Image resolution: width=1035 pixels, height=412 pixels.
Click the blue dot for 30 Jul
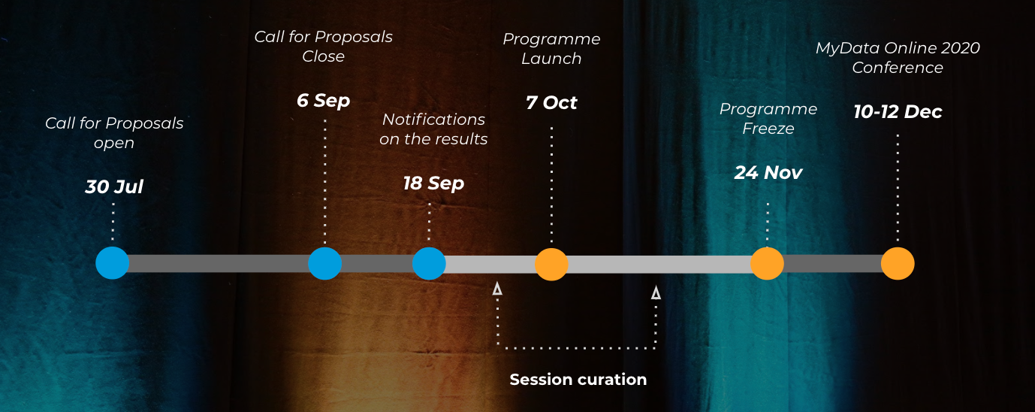[x=113, y=263]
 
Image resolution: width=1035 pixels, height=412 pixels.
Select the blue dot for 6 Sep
[x=325, y=263]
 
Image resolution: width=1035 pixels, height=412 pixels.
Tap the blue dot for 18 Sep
[x=429, y=263]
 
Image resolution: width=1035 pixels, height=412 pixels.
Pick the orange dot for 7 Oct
[x=551, y=264]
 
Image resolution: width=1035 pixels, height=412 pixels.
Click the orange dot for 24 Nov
[x=767, y=263]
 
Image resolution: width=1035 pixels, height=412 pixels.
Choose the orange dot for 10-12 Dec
[x=898, y=263]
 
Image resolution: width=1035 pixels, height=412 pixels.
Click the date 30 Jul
[x=114, y=187]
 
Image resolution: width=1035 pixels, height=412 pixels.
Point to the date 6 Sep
[x=324, y=101]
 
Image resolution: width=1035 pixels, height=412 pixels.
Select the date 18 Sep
[x=433, y=183]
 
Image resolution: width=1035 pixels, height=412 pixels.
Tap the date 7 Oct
[x=551, y=103]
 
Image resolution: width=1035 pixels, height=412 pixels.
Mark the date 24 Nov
[x=768, y=173]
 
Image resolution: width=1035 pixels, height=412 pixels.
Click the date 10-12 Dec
[x=898, y=112]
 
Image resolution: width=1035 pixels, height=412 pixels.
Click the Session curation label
[x=578, y=380]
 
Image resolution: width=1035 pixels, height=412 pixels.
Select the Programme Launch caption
[x=551, y=49]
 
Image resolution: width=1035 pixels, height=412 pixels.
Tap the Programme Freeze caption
[x=768, y=119]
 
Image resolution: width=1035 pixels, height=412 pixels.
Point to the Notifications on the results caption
[x=433, y=129]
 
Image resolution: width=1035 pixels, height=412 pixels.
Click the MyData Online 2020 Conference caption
[x=898, y=58]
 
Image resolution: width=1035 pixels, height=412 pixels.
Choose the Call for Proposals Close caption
[x=324, y=47]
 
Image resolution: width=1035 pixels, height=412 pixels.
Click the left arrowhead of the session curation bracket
[x=497, y=288]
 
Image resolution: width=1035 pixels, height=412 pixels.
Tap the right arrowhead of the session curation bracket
[x=656, y=292]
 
